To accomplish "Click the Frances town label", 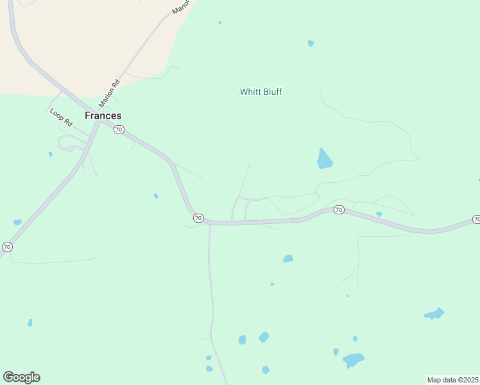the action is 103,116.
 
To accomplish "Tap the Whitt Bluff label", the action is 261,92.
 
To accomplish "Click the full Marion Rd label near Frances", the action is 109,93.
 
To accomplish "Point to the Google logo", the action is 21,377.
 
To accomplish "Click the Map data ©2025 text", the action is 453,380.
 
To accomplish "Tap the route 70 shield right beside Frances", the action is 119,130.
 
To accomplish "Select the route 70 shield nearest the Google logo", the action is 7,246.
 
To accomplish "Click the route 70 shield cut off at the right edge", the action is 476,219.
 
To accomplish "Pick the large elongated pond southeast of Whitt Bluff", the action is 325,158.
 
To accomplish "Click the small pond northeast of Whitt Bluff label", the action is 311,44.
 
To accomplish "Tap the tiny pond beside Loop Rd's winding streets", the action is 50,154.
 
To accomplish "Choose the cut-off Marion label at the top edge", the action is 182,7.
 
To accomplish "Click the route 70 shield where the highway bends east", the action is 198,218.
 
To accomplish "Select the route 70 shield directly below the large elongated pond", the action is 339,210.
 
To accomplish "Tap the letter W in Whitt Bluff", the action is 244,92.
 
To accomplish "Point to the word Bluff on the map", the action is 272,92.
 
